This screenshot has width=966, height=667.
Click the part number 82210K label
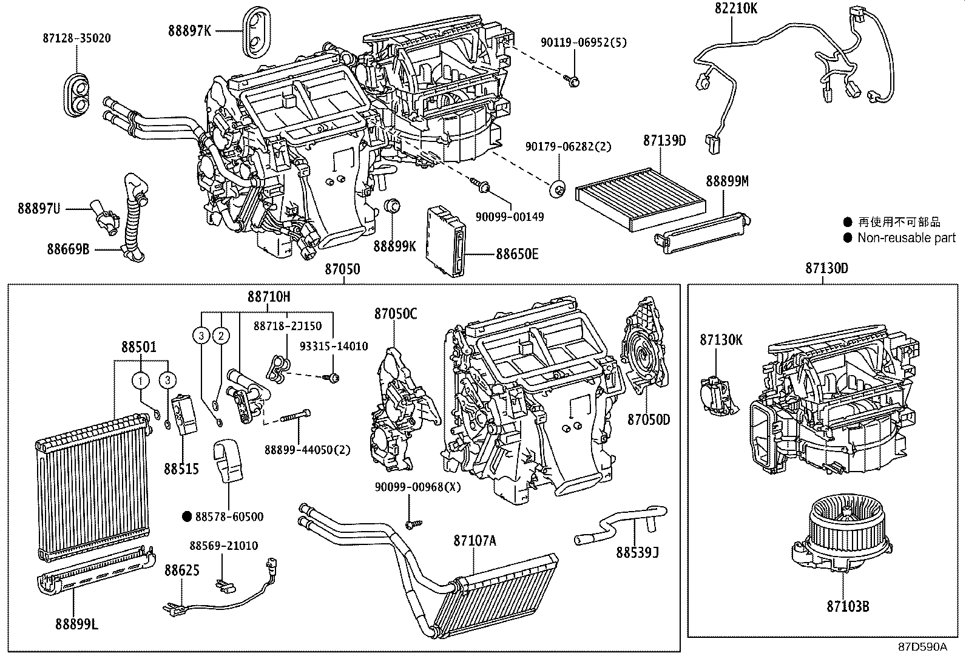coord(735,8)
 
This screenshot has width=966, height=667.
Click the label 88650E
coord(517,254)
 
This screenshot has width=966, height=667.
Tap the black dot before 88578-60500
coord(187,516)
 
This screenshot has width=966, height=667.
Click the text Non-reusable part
coord(906,238)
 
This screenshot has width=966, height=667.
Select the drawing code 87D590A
coord(922,646)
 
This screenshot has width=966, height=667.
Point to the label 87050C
coord(395,314)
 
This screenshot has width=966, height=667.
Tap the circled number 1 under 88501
coord(141,381)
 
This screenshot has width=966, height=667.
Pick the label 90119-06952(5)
coord(584,42)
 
